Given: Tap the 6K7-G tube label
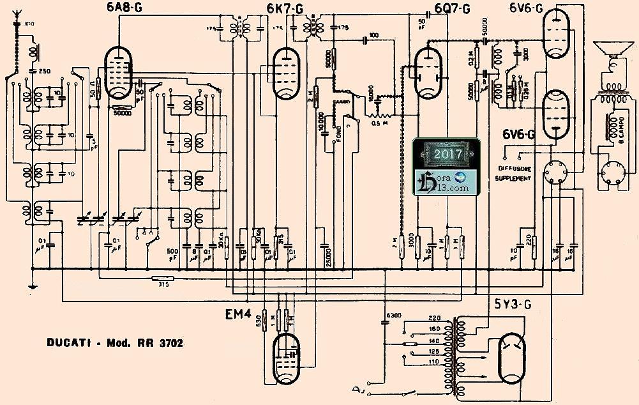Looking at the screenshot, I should tap(285, 8).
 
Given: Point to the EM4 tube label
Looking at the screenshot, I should tap(237, 314).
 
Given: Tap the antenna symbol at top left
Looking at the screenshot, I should tap(17, 27).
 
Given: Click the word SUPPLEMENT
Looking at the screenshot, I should tap(513, 179).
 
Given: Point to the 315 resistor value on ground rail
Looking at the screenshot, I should tap(165, 285).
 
